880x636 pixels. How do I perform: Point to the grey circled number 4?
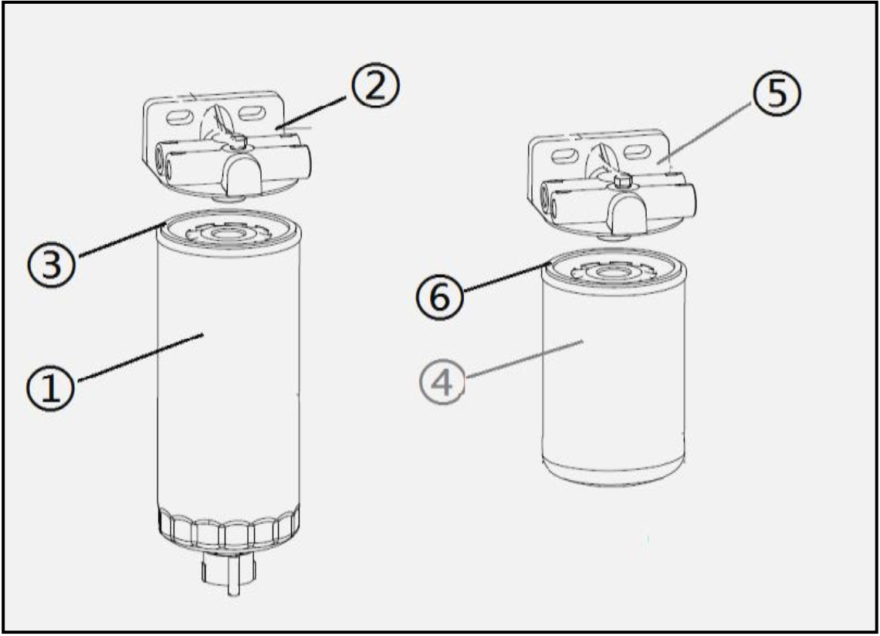443,384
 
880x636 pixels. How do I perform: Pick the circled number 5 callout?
777,93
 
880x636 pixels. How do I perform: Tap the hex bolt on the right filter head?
622,181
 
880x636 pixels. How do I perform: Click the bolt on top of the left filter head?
238,140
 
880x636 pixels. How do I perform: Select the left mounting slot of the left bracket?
179,118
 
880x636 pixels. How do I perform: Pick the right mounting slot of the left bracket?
250,113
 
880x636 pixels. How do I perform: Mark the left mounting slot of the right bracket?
565,155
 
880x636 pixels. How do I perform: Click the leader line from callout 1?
140,357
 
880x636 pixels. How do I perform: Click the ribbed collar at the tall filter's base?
228,528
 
